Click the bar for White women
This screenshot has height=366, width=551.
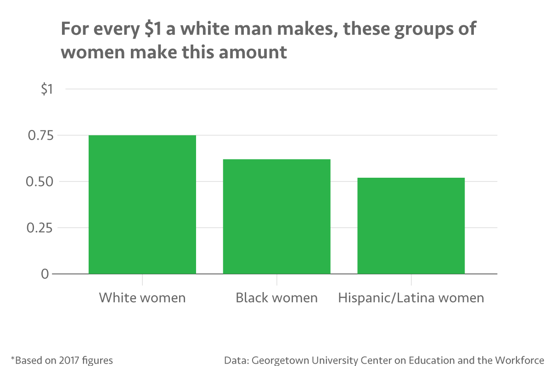pyautogui.click(x=142, y=204)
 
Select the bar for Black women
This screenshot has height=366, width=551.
pyautogui.click(x=276, y=216)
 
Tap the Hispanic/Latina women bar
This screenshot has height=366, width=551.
pyautogui.click(x=411, y=225)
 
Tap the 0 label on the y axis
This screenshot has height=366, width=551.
pyautogui.click(x=45, y=274)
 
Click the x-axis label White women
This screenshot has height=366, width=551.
pyautogui.click(x=142, y=298)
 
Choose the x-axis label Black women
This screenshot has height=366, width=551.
pyautogui.click(x=276, y=298)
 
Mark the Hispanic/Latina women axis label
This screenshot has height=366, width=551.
pyautogui.click(x=411, y=298)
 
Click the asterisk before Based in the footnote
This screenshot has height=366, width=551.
pyautogui.click(x=12, y=358)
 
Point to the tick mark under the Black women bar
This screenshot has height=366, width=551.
pyautogui.click(x=276, y=279)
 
